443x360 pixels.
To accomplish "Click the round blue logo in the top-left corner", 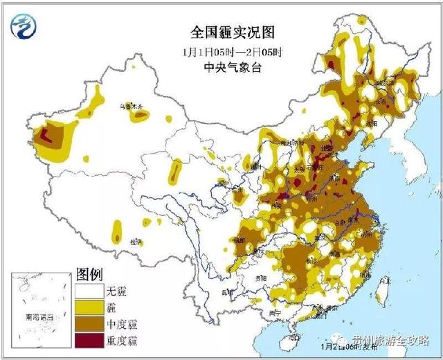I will [25, 27].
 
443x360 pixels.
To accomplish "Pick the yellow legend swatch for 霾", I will [89, 307].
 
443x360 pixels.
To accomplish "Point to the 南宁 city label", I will [275, 312].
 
